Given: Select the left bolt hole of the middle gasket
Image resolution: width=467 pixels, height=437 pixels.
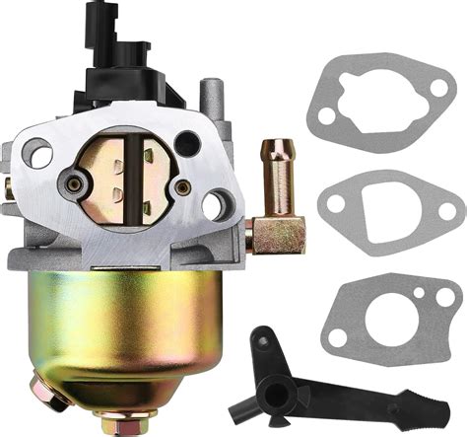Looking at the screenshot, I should [334, 205].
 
